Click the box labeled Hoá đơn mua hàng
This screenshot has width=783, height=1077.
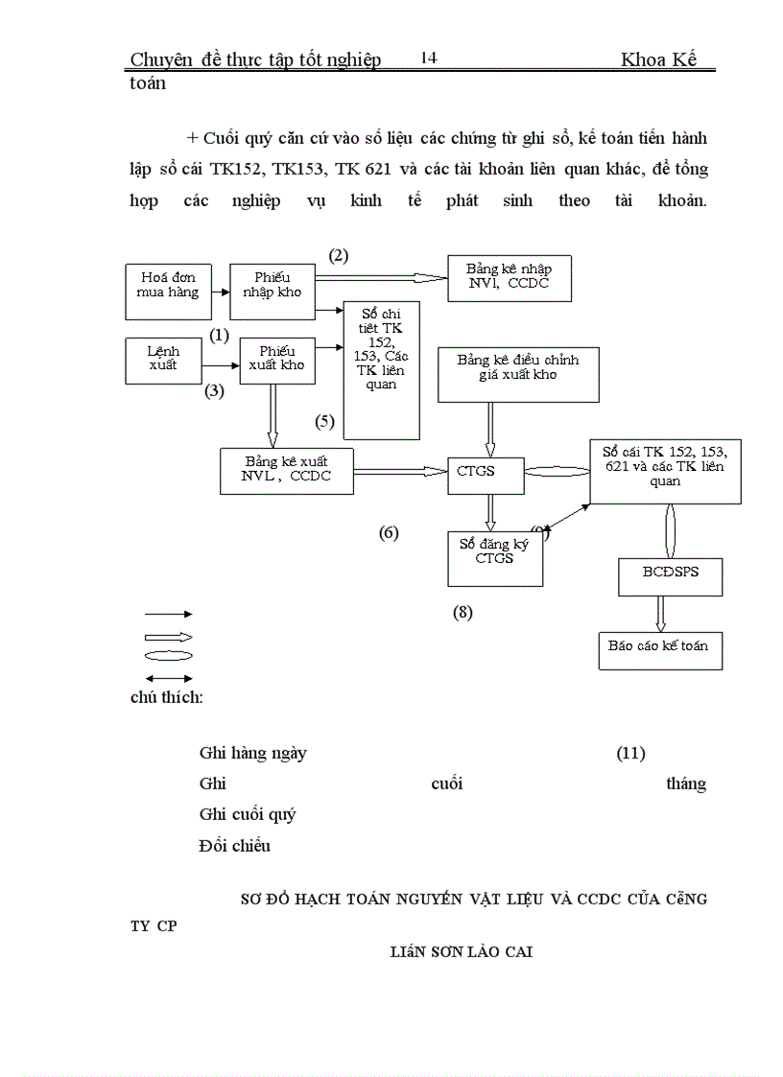(163, 291)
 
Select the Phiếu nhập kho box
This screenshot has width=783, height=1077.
(273, 292)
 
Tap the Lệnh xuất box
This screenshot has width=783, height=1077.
(163, 360)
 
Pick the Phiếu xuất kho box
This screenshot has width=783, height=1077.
(277, 360)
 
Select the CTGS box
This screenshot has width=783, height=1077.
(486, 472)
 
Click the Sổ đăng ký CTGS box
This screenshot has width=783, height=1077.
(495, 558)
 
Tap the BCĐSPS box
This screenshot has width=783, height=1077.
(670, 576)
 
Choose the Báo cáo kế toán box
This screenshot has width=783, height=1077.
(659, 649)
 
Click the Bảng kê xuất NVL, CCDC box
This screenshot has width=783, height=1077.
(287, 470)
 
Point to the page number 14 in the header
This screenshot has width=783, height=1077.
(428, 59)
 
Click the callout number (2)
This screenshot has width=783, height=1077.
(338, 255)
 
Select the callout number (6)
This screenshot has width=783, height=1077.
(389, 533)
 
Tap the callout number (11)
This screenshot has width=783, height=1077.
(630, 753)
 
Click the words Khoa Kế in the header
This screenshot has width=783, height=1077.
(657, 60)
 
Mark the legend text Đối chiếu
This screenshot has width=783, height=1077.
(235, 845)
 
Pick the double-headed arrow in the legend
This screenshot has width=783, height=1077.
(168, 677)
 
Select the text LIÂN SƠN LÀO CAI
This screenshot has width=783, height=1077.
(462, 952)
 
